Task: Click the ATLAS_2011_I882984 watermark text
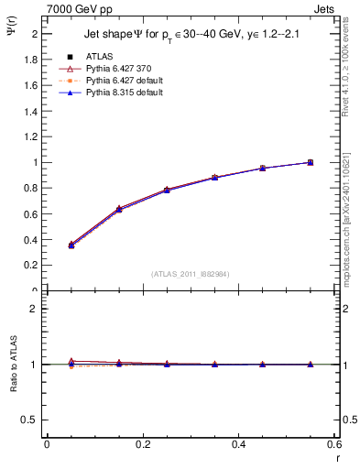pos(191,273)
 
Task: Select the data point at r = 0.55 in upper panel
pos(310,162)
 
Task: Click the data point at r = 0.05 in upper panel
pos(71,245)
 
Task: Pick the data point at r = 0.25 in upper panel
pos(167,190)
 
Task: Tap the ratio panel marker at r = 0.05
pos(71,363)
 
